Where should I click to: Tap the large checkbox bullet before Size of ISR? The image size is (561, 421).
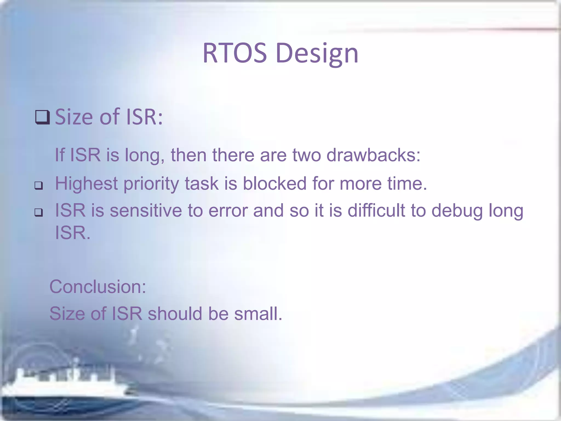point(42,117)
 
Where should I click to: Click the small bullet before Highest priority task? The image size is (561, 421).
point(39,186)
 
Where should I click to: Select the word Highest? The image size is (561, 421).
point(86,183)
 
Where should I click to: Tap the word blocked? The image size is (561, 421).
point(274,183)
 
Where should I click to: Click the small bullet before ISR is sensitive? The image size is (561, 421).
point(39,212)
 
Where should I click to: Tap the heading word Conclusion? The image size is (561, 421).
point(98,287)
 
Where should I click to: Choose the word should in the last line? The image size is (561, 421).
point(175,314)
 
